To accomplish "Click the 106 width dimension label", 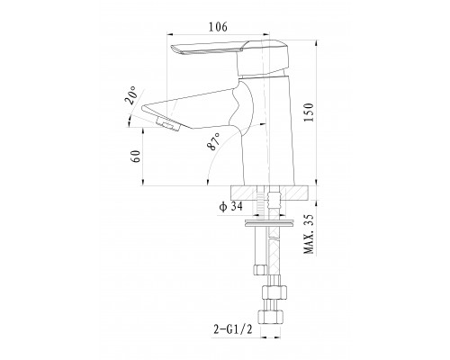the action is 218,27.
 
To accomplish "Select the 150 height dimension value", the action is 309,112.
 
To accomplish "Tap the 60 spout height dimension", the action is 136,157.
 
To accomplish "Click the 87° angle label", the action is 213,141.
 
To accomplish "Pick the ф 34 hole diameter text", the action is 230,207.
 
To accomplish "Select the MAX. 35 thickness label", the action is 309,234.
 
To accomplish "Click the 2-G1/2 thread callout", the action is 233,329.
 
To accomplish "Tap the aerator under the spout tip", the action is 168,124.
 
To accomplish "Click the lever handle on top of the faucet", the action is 229,57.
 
